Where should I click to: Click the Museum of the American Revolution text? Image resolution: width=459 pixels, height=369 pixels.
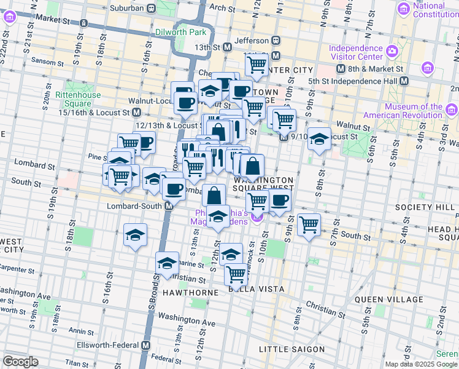(x=411, y=111)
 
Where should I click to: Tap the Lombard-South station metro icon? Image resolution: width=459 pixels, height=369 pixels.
(x=168, y=206)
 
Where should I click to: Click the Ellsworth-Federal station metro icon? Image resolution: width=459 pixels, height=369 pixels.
(x=145, y=345)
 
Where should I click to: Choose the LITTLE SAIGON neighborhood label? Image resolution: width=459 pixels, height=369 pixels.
(x=292, y=349)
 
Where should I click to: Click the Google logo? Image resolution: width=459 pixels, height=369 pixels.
(x=20, y=362)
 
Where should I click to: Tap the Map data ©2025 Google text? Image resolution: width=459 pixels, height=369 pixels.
(x=421, y=364)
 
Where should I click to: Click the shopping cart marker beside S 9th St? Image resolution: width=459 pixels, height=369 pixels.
(x=309, y=224)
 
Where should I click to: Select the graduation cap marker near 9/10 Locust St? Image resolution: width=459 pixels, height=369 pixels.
(x=319, y=138)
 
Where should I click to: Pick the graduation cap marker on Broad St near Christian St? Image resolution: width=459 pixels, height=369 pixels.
(x=166, y=263)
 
